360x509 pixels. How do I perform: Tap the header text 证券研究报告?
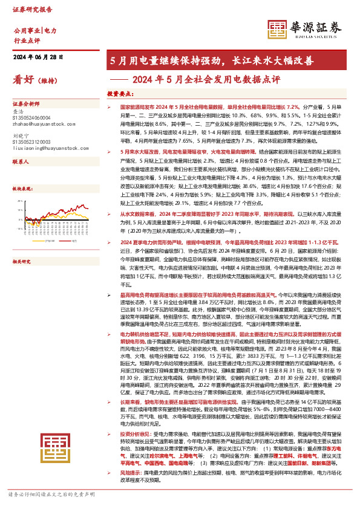28,10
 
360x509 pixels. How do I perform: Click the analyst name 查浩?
18,112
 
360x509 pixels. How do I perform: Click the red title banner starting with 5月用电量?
211,60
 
